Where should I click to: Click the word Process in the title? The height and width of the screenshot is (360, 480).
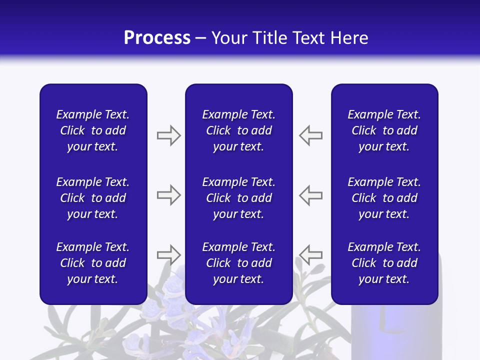click(157, 38)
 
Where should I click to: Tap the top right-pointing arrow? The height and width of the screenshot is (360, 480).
click(168, 135)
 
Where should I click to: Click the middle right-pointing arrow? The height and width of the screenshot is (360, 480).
click(168, 195)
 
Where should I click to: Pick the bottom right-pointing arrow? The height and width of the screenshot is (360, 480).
click(168, 255)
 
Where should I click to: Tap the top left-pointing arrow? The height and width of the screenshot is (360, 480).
click(311, 135)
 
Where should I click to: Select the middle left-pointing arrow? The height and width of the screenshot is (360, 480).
click(311, 195)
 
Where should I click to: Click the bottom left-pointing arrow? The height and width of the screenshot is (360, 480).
click(311, 255)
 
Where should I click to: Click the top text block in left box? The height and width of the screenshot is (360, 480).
click(93, 130)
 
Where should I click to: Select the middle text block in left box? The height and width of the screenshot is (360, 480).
click(93, 198)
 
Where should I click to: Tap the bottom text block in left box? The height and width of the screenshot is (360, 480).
click(93, 263)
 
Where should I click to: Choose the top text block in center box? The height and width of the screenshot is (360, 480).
click(238, 130)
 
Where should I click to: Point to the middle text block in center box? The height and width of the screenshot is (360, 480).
click(238, 198)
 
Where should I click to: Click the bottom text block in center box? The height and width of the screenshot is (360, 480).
click(238, 263)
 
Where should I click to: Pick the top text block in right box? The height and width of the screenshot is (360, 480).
click(384, 130)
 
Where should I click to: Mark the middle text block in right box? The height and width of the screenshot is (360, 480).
click(384, 198)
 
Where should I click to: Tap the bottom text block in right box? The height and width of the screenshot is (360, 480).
click(384, 263)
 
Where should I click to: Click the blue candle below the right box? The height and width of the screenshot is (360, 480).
click(395, 330)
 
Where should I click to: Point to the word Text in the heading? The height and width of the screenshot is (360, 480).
click(310, 38)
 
